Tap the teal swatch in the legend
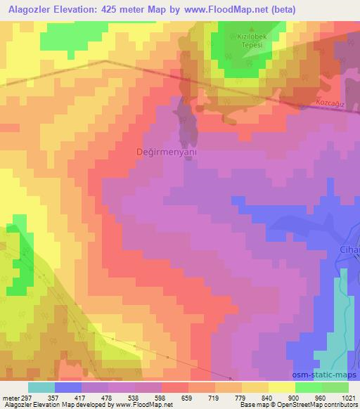click(41, 387)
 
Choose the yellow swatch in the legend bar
click(281, 387)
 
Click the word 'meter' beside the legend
click(9, 397)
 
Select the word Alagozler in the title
click(30, 10)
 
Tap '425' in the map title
click(112, 10)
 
